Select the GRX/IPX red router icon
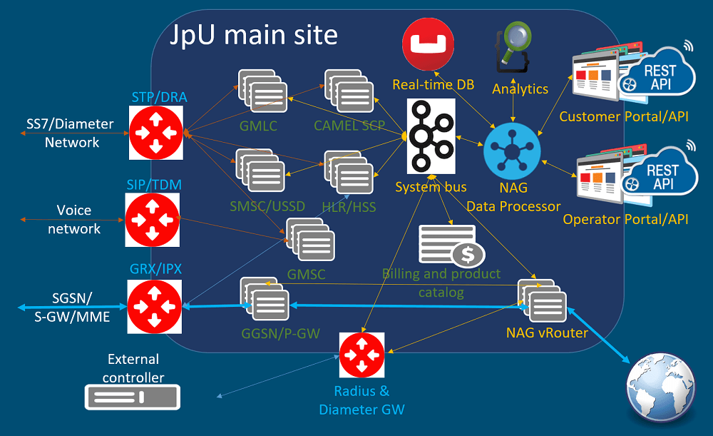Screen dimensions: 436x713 click(x=155, y=306)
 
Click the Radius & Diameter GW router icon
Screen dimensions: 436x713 click(x=361, y=355)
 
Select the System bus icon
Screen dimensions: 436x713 click(x=431, y=136)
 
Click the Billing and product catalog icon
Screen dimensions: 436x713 click(x=450, y=246)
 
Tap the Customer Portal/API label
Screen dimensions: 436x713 click(x=624, y=116)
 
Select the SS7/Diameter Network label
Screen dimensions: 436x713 click(x=71, y=133)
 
